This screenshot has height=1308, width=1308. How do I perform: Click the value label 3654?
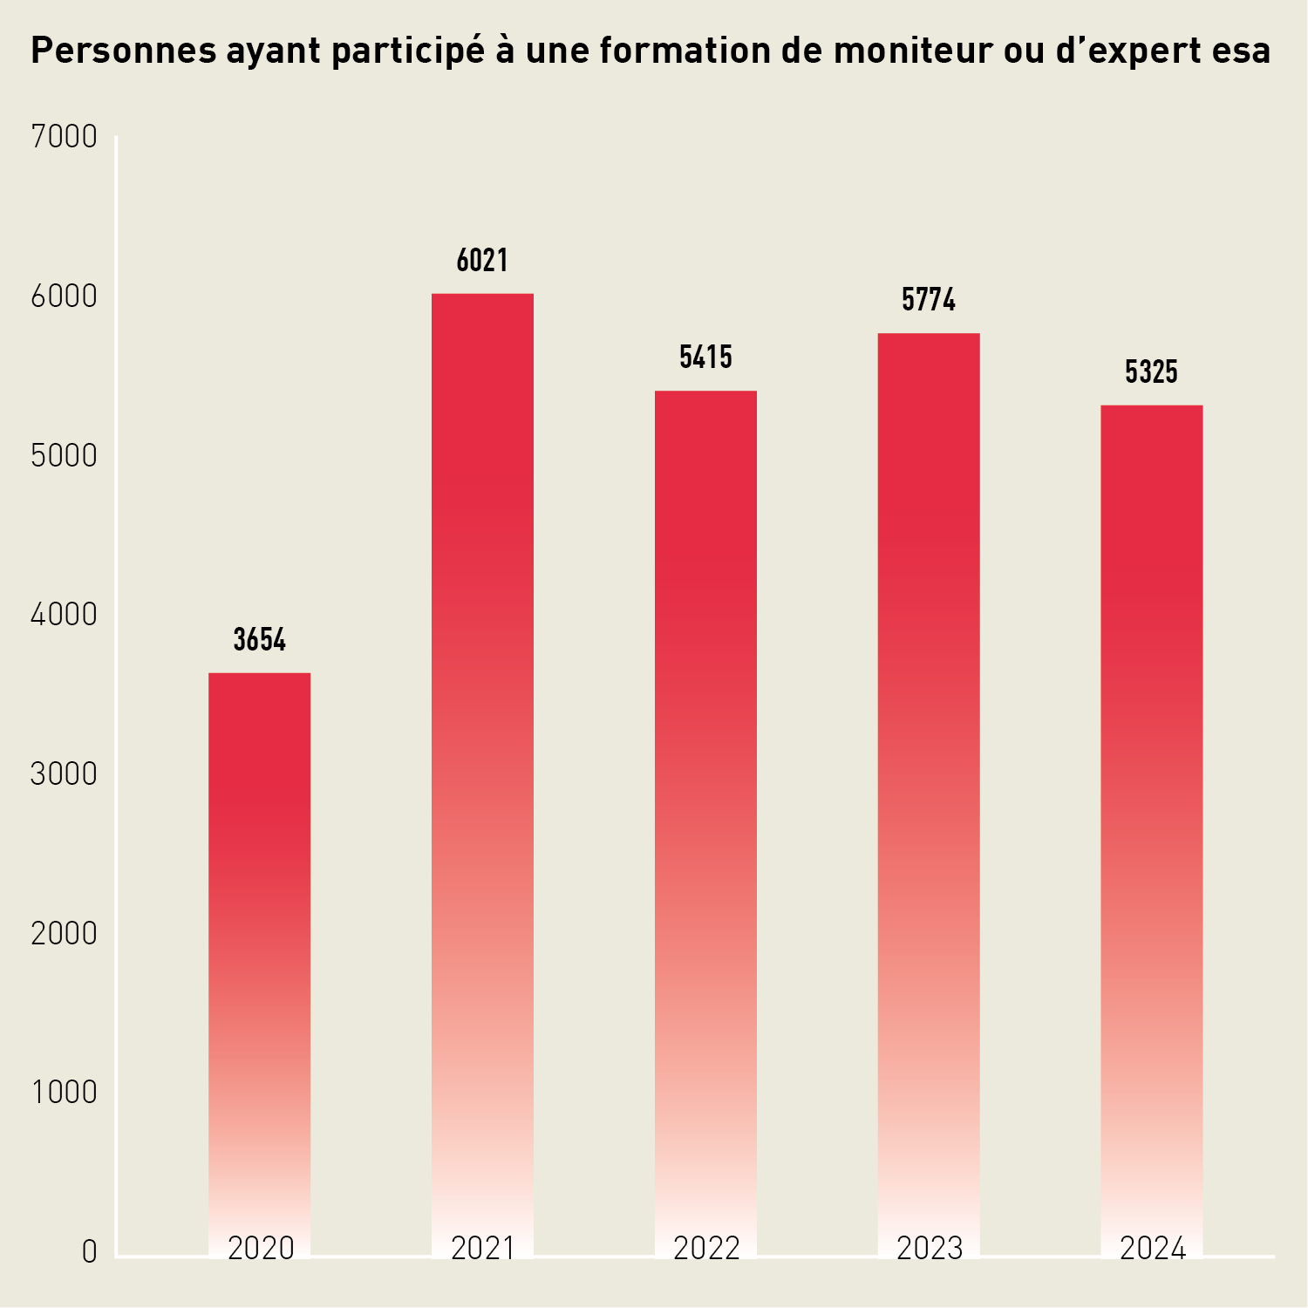259,640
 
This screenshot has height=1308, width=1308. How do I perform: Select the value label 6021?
482,261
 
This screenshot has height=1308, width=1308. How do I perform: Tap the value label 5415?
705,358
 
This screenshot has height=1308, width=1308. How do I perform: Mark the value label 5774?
929,301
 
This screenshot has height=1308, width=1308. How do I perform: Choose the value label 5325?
1151,372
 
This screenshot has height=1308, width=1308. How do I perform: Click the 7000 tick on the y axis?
64,137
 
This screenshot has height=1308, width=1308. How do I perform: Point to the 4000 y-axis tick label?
64,615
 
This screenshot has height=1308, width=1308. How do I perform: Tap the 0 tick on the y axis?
89,1252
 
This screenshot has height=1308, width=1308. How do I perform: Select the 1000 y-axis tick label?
64,1093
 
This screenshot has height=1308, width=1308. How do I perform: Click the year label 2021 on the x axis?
482,1249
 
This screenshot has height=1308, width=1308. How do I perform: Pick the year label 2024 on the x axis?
1152,1249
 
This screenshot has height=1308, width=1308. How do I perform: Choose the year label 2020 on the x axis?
261,1249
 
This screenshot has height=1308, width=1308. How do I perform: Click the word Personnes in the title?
123,51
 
